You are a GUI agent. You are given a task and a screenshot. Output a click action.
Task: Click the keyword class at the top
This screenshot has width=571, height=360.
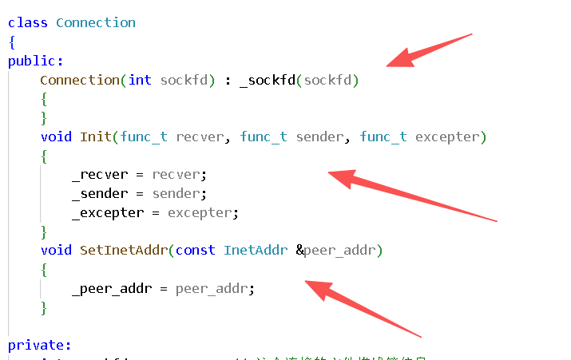27,22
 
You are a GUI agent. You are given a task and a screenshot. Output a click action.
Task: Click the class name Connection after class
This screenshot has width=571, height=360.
95,22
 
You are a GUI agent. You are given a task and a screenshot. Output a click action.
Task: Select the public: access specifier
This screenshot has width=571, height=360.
35,61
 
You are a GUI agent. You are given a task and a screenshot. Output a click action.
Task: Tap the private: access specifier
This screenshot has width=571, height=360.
39,345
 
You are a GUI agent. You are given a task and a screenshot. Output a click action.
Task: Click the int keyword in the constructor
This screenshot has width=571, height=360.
140,80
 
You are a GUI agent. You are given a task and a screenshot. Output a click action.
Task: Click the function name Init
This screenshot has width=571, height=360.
95,136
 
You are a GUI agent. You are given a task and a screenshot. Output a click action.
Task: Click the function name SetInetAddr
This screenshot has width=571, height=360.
123,250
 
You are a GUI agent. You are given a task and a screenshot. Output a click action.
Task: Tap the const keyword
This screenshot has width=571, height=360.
195,250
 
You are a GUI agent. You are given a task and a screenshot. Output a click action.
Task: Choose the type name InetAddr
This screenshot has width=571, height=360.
255,250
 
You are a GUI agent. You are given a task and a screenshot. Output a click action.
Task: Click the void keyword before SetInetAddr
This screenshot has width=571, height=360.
56,250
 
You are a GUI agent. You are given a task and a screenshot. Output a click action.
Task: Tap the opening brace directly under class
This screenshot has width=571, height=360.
12,42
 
